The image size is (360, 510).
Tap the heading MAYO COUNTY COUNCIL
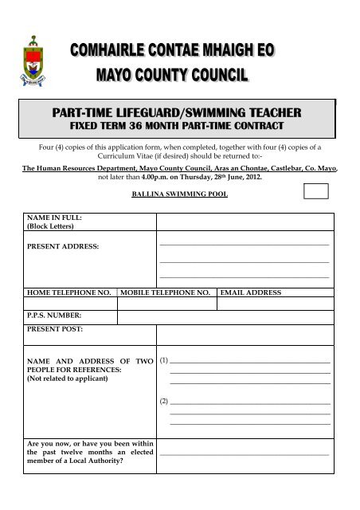tap(172, 76)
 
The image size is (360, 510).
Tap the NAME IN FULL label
tap(54, 218)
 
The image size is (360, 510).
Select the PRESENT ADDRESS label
tap(64, 248)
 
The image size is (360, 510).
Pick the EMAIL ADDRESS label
tap(249, 293)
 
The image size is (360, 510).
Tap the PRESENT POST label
tap(55, 328)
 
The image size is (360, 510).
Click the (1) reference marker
tap(164, 361)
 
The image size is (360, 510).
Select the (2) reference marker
tap(164, 401)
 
